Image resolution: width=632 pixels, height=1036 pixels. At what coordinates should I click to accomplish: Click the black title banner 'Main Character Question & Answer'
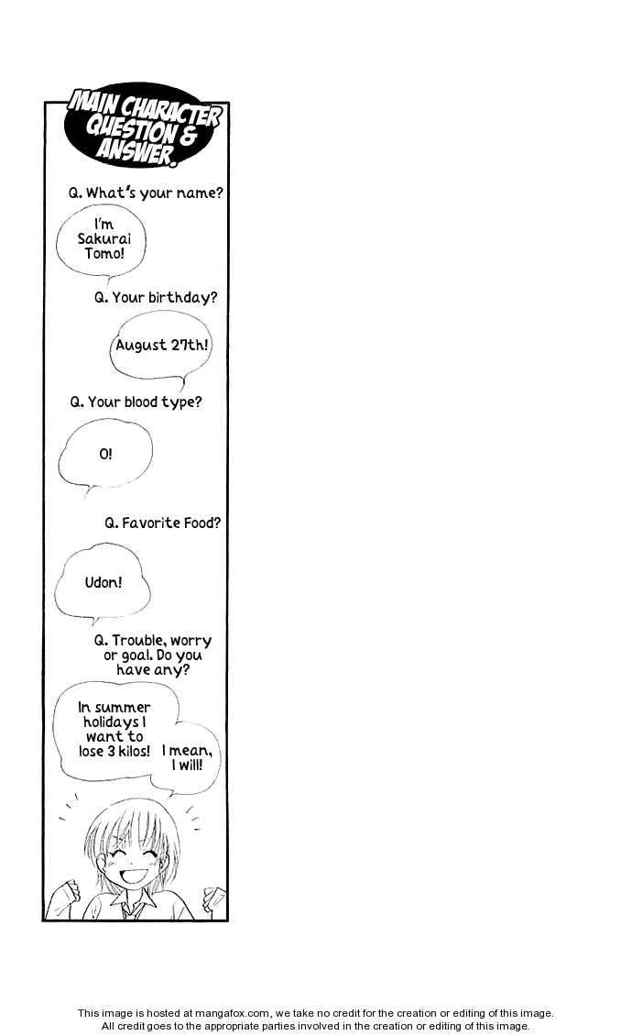[143, 126]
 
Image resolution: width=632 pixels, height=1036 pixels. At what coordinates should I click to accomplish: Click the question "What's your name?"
[146, 193]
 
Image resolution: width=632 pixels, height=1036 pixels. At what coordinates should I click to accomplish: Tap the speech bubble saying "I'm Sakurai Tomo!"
[101, 240]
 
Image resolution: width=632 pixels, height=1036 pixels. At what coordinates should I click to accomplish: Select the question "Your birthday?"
[155, 297]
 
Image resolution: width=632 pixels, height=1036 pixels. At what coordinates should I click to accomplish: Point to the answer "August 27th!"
[161, 345]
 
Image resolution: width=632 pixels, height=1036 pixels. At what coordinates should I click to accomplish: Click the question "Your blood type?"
[136, 402]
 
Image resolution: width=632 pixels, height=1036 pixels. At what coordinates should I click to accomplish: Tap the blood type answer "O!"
[105, 454]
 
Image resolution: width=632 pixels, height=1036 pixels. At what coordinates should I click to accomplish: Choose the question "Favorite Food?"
[162, 523]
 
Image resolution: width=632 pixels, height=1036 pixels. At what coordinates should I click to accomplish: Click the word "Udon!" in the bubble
[103, 582]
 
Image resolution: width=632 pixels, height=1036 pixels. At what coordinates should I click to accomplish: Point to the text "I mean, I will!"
[187, 758]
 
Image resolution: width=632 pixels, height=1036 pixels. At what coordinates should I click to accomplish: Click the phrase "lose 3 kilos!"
[114, 751]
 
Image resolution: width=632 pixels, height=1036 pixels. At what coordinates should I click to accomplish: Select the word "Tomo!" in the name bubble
[104, 253]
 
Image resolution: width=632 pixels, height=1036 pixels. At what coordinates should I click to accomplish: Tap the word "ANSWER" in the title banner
[136, 151]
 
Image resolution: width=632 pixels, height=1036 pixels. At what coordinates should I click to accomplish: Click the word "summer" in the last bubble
[123, 708]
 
